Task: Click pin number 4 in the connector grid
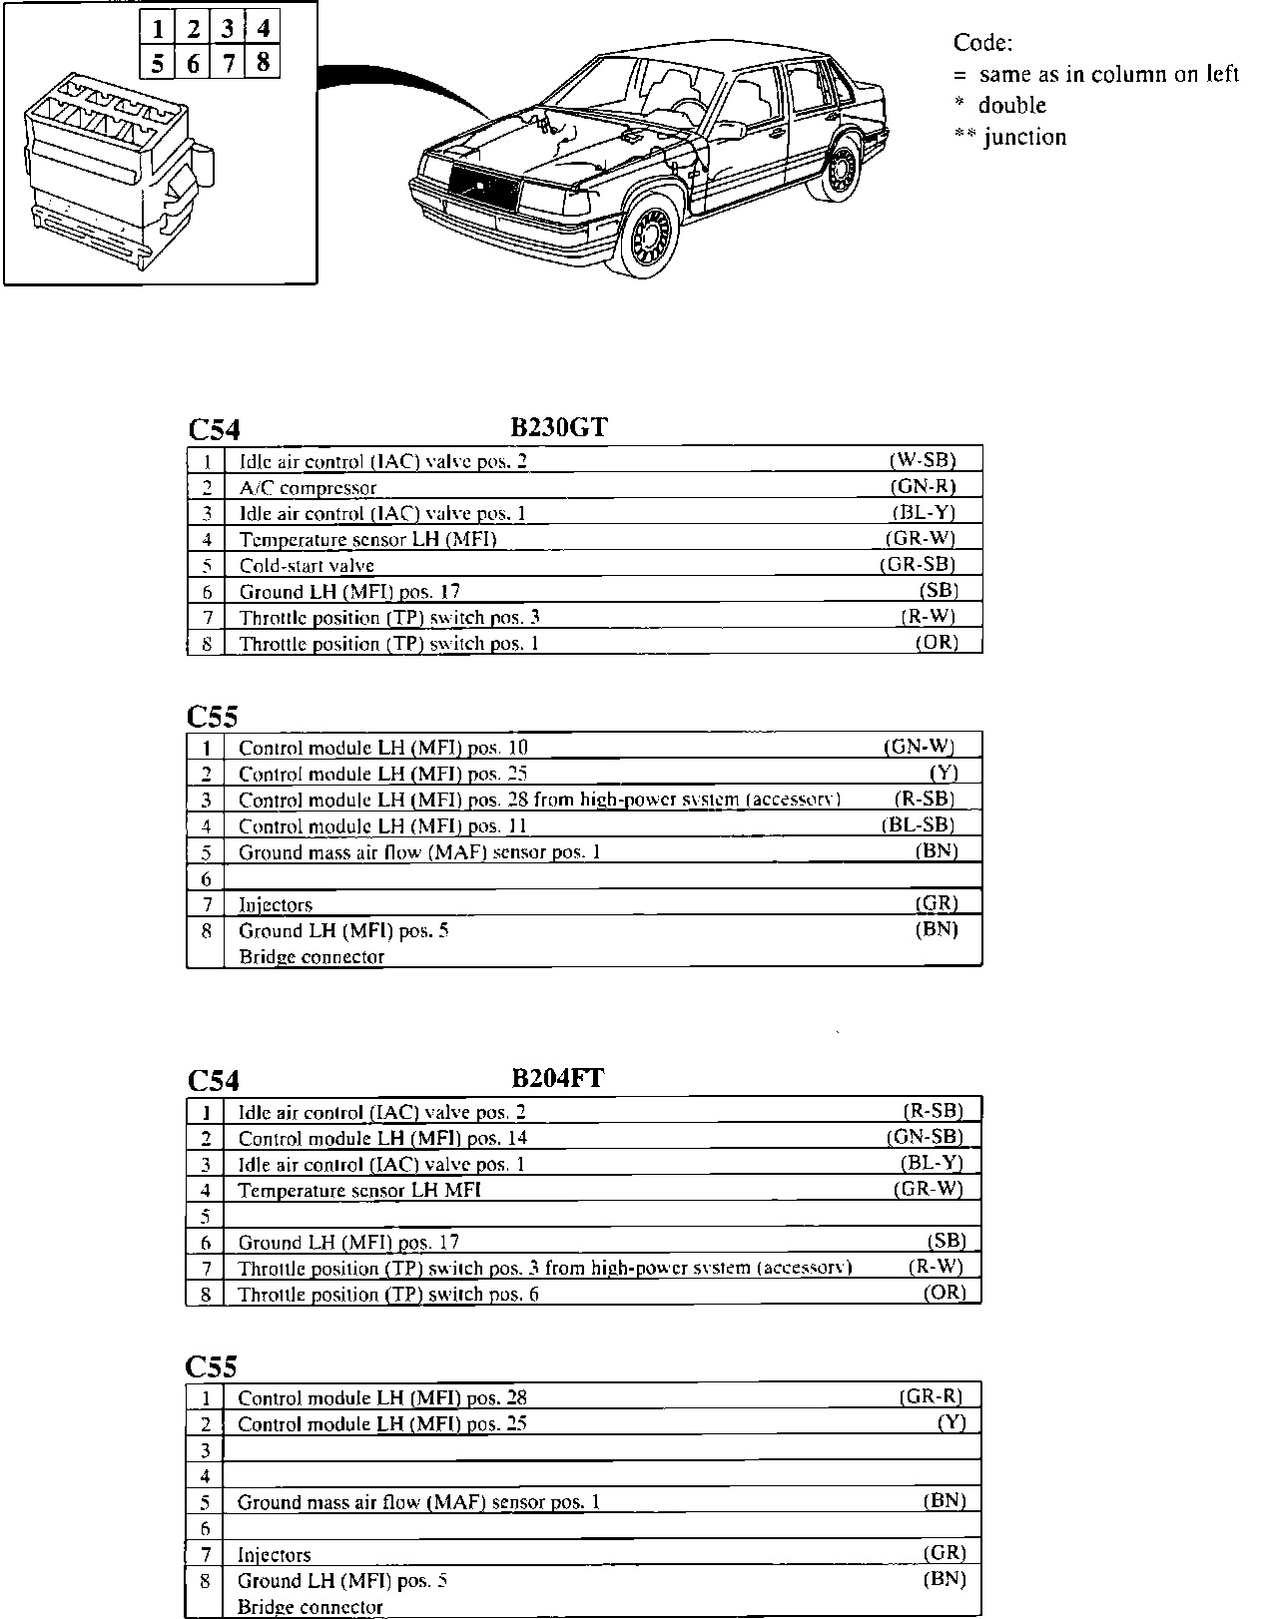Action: pyautogui.click(x=263, y=27)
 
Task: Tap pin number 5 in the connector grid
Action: pyautogui.click(x=158, y=63)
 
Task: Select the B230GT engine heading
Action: pyautogui.click(x=559, y=427)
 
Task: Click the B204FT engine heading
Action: pyautogui.click(x=558, y=1078)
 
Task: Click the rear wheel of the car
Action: pyautogui.click(x=844, y=168)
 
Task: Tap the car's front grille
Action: pyautogui.click(x=484, y=187)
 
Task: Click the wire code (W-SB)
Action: pyautogui.click(x=923, y=460)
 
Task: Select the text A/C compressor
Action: pyautogui.click(x=308, y=488)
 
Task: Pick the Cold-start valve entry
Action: pyautogui.click(x=307, y=566)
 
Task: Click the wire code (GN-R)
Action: pyautogui.click(x=923, y=486)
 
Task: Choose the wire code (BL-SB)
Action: pyautogui.click(x=918, y=824)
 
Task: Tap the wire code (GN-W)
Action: pyautogui.click(x=920, y=746)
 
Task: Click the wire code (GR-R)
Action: pyautogui.click(x=932, y=1396)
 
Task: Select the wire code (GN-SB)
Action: pyautogui.click(x=925, y=1136)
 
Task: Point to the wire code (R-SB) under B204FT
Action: pyautogui.click(x=933, y=1110)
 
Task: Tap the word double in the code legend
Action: pyautogui.click(x=1011, y=106)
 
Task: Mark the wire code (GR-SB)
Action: pyautogui.click(x=918, y=564)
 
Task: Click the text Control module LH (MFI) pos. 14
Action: pyautogui.click(x=382, y=1138)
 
